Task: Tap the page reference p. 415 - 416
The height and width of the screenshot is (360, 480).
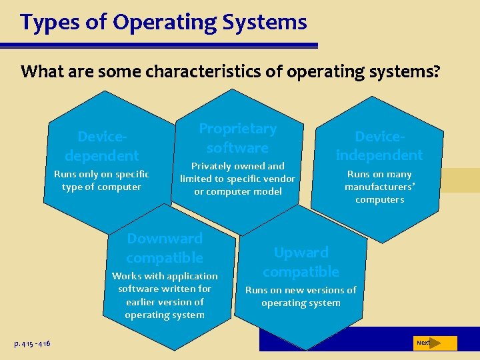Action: click(x=32, y=343)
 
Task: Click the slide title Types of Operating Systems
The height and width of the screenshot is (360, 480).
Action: click(x=163, y=23)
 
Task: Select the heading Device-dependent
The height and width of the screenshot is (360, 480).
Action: click(x=102, y=146)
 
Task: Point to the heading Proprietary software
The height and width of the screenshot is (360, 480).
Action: click(x=237, y=138)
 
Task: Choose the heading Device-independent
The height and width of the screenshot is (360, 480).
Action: click(x=379, y=145)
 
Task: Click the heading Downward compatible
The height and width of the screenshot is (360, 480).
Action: click(x=165, y=248)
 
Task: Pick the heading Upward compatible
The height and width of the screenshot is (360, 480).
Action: click(x=301, y=262)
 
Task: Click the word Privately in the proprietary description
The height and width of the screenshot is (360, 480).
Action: click(x=211, y=166)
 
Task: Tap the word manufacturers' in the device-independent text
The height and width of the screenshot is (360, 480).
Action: click(x=379, y=187)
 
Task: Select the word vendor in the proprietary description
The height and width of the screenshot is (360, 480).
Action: click(x=279, y=179)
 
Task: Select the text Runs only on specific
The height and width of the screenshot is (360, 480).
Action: click(x=101, y=174)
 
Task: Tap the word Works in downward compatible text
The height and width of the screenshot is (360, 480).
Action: click(x=125, y=276)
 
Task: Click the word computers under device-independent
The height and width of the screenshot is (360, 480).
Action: click(x=379, y=199)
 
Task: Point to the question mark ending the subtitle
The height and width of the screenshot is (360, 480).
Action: click(x=435, y=71)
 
